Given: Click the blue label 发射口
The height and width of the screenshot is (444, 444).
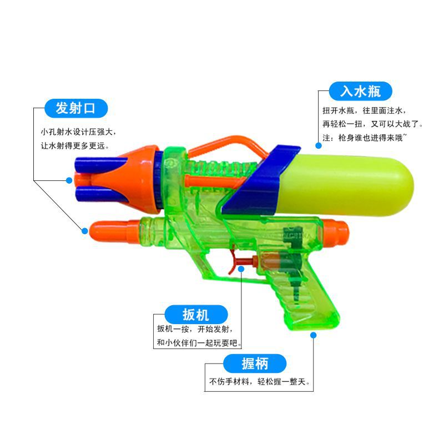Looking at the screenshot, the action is [75, 108].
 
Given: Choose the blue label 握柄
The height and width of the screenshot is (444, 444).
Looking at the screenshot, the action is [255, 364].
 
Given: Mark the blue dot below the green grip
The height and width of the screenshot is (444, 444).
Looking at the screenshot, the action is [314, 335].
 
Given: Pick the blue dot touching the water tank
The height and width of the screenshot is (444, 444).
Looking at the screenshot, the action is [319, 145].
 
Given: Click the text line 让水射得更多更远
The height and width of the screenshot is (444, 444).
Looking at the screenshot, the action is [75, 145].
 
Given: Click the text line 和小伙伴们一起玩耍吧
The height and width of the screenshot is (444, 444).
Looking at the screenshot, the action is [199, 342].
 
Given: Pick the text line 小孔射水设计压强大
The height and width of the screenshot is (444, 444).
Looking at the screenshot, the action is [79, 132].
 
